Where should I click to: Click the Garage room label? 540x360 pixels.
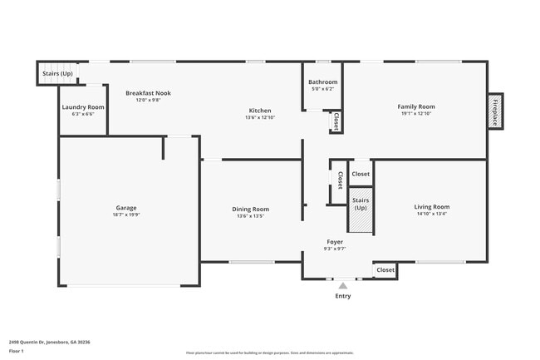tap(126, 208)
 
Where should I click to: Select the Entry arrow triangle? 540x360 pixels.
tap(342, 285)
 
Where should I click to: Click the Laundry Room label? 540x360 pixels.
tap(83, 107)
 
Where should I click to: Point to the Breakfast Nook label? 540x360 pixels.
tap(148, 93)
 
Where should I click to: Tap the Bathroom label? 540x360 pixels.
tap(322, 82)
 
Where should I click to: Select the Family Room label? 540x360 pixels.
tap(415, 106)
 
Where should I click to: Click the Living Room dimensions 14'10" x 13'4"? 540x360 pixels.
tap(431, 214)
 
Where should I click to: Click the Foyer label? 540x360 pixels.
tap(335, 242)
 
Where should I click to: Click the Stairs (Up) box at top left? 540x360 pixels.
tap(56, 74)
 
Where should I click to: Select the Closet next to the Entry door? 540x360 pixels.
tap(385, 270)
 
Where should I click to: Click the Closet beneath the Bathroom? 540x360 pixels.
tap(336, 122)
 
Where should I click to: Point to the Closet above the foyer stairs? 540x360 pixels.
tap(361, 174)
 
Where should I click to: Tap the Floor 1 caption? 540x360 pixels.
tap(17, 352)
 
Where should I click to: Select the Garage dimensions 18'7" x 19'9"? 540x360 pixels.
tap(126, 215)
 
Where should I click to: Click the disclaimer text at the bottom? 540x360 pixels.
tap(270, 353)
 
